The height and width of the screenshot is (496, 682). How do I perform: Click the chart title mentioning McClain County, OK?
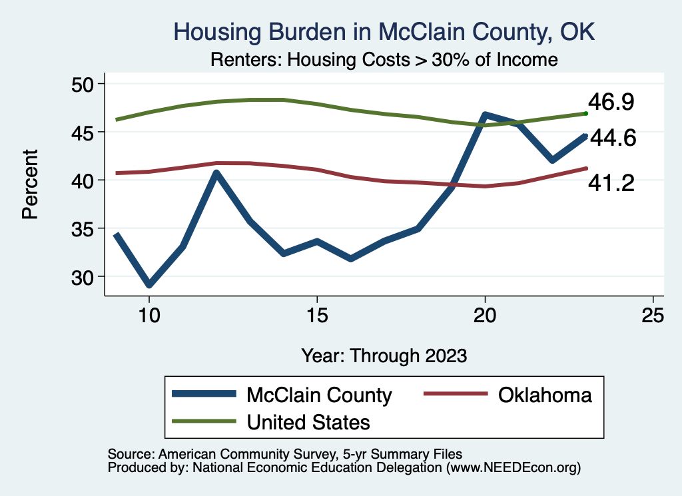(x=384, y=32)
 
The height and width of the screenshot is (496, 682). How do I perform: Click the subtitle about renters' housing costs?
(x=384, y=59)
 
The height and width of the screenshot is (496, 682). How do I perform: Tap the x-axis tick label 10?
(x=149, y=315)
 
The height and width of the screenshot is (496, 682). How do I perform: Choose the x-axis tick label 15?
(x=317, y=315)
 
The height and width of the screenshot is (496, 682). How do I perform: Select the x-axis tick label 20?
(x=485, y=315)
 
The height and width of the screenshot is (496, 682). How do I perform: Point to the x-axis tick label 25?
(x=653, y=315)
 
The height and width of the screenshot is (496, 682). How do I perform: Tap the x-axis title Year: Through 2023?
(x=384, y=355)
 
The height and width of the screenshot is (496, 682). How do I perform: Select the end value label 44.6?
(x=613, y=138)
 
